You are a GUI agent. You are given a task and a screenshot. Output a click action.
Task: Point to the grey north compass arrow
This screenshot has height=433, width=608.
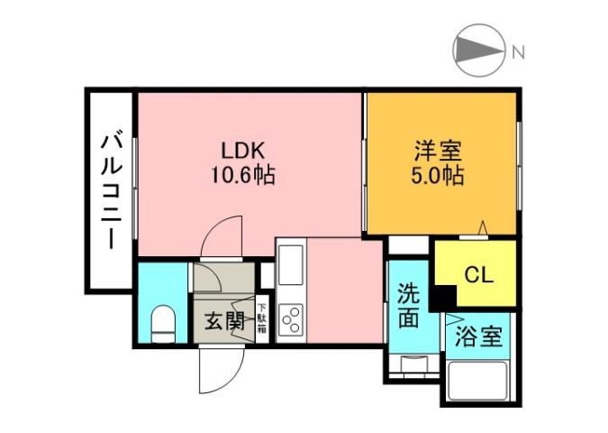(x=478, y=51)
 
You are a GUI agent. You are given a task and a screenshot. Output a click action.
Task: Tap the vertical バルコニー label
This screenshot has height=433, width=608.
(x=111, y=189)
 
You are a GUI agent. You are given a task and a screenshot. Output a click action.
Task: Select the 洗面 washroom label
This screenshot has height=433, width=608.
(x=408, y=306)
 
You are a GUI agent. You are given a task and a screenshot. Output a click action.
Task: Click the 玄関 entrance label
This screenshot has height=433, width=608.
(x=222, y=320)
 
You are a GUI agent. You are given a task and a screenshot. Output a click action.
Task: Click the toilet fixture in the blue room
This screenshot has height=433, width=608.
(x=163, y=323)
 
